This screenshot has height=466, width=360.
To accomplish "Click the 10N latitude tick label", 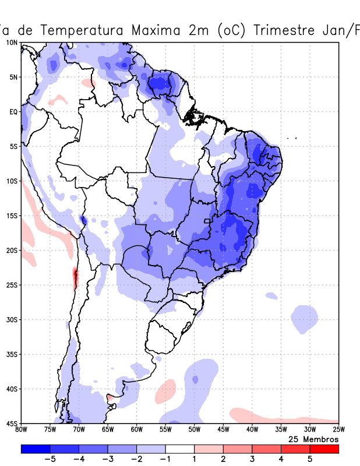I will [12, 43].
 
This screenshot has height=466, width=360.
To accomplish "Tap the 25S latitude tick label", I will [12, 285].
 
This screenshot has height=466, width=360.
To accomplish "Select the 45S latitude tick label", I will [12, 423].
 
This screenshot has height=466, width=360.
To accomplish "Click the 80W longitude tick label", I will [21, 430].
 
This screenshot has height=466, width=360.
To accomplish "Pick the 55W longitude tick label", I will [165, 430].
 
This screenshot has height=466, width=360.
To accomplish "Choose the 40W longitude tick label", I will [252, 430].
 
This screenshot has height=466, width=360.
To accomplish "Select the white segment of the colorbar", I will [180, 449].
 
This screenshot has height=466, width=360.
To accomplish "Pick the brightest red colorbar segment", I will [324, 449].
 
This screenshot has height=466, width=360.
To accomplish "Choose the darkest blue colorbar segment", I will [35, 449].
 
